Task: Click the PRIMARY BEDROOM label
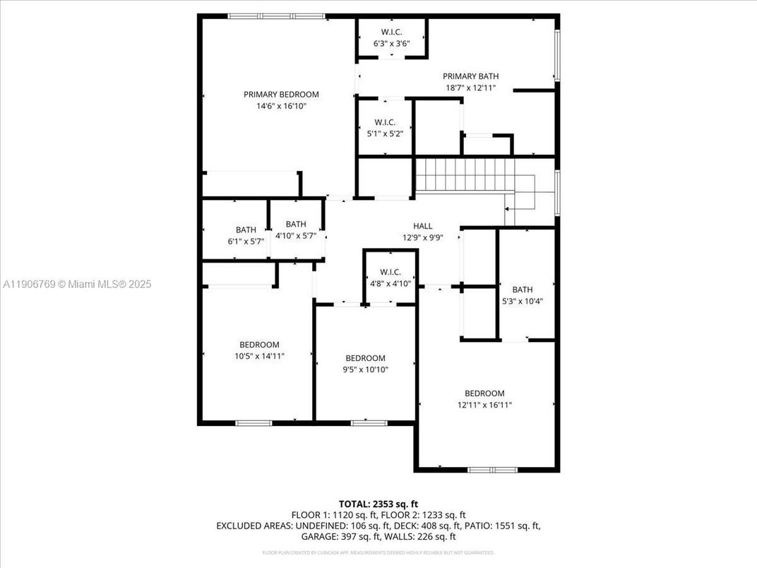coord(281,94)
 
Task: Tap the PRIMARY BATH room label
coord(470,76)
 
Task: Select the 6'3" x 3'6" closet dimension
coord(391,44)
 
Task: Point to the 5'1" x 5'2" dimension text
coord(385,134)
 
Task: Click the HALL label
coord(423,226)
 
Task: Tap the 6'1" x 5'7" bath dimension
coord(246,242)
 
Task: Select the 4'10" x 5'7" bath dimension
coord(296,236)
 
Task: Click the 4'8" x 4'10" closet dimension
coord(390,283)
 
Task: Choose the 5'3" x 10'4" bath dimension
coord(523,301)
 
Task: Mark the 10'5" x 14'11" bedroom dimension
coord(259,356)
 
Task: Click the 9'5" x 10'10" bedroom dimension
coord(365,369)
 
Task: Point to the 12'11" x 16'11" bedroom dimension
coord(484,405)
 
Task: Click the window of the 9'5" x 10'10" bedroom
coord(369,423)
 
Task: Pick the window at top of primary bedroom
coord(277,16)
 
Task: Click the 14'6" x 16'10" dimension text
coord(281,106)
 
